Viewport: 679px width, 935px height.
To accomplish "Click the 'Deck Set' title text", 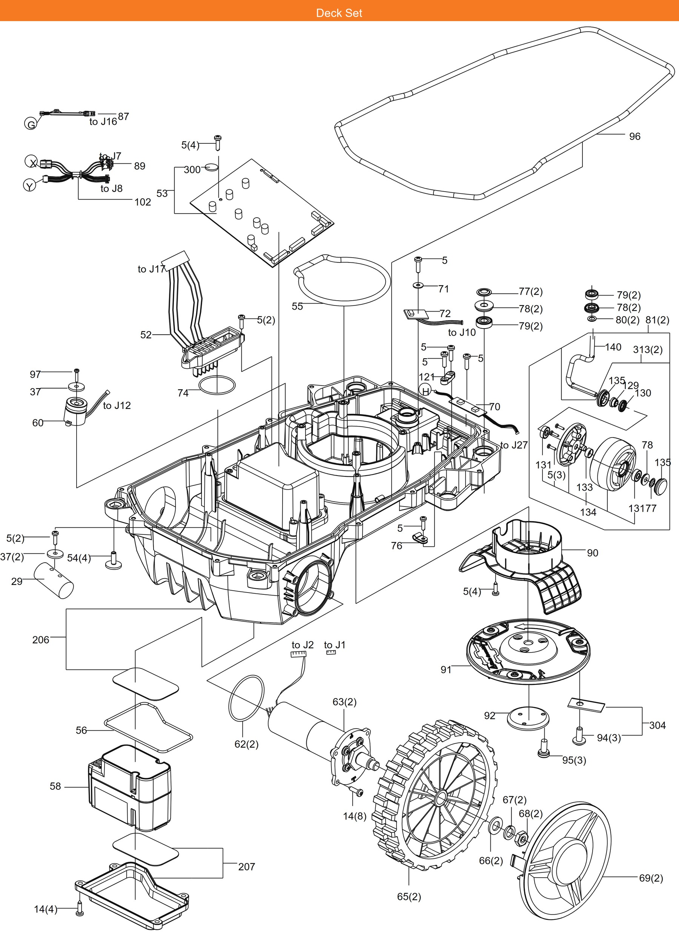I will point(339,13).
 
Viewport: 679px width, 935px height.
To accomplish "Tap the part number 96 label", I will point(634,137).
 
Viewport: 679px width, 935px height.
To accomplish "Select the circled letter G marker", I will point(31,124).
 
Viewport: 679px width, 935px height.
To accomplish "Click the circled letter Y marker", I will point(29,186).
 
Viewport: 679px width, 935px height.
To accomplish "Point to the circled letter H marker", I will point(425,391).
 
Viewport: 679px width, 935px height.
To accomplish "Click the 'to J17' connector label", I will point(151,269).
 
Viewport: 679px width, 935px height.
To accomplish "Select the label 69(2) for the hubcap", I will point(651,878).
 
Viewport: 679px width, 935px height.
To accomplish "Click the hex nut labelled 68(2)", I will point(522,838).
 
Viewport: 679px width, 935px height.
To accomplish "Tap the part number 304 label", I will point(657,725).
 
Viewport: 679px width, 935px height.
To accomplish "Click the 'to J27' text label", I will point(514,445).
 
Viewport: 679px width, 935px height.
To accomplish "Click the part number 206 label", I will point(40,640).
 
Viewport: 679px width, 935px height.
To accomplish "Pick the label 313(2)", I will point(648,350).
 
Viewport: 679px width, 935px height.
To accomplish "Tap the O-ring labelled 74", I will point(217,385).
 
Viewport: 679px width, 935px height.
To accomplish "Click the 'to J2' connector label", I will point(303,645).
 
